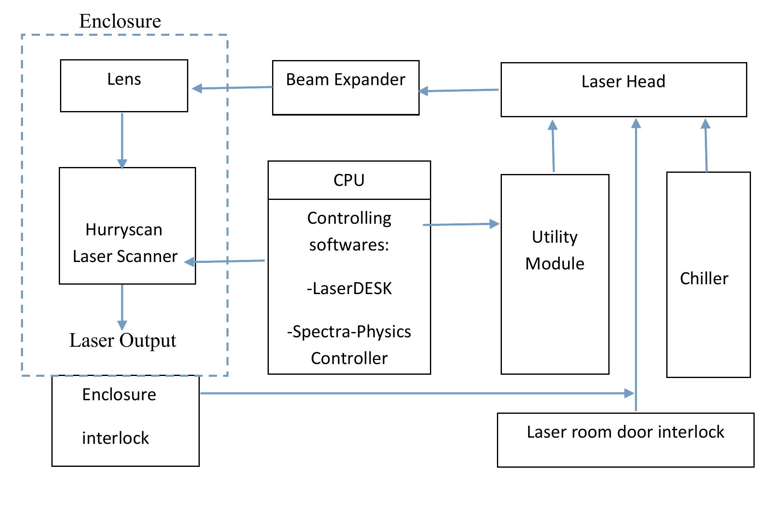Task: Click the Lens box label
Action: pyautogui.click(x=124, y=79)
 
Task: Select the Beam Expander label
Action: pyautogui.click(x=345, y=79)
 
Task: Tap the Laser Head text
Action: pyautogui.click(x=623, y=81)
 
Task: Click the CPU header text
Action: pyautogui.click(x=349, y=180)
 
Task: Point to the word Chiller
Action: pyautogui.click(x=704, y=278)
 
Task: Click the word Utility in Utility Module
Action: pyautogui.click(x=554, y=237)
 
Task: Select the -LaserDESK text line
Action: pyautogui.click(x=349, y=288)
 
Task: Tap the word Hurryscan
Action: pyautogui.click(x=124, y=230)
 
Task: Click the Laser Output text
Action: pyautogui.click(x=122, y=340)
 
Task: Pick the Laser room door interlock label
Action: pyautogui.click(x=625, y=432)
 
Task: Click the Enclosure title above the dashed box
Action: pyautogui.click(x=120, y=21)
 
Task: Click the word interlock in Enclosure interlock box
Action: pyautogui.click(x=115, y=438)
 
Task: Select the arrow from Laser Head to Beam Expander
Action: pyautogui.click(x=458, y=90)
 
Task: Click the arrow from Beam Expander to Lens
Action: pyautogui.click(x=232, y=88)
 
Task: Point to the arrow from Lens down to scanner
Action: pyautogui.click(x=122, y=140)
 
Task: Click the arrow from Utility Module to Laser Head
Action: pyautogui.click(x=553, y=146)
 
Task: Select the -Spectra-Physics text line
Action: pyautogui.click(x=349, y=332)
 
